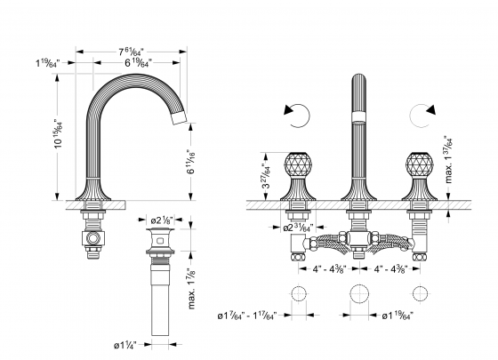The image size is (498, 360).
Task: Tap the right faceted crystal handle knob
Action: pos(417,164)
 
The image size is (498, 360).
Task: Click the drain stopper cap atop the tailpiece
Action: pos(160,233)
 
